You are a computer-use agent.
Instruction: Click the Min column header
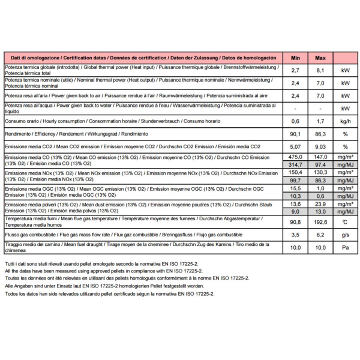[295, 58]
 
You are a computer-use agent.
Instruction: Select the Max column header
[320, 58]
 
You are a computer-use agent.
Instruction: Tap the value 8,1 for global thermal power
[320, 70]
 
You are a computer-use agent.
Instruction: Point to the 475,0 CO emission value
[295, 157]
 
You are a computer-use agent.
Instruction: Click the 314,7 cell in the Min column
[295, 164]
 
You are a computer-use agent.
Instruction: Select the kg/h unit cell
[345, 121]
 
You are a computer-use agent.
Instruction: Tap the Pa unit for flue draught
[345, 247]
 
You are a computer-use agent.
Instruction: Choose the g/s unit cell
[345, 235]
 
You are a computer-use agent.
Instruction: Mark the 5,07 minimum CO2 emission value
[295, 146]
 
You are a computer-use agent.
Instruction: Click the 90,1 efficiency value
[295, 134]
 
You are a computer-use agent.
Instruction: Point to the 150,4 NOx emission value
[295, 172]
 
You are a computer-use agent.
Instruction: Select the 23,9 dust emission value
[320, 204]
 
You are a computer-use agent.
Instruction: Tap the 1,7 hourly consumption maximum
[320, 121]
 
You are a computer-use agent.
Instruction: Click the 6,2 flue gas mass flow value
[320, 235]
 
